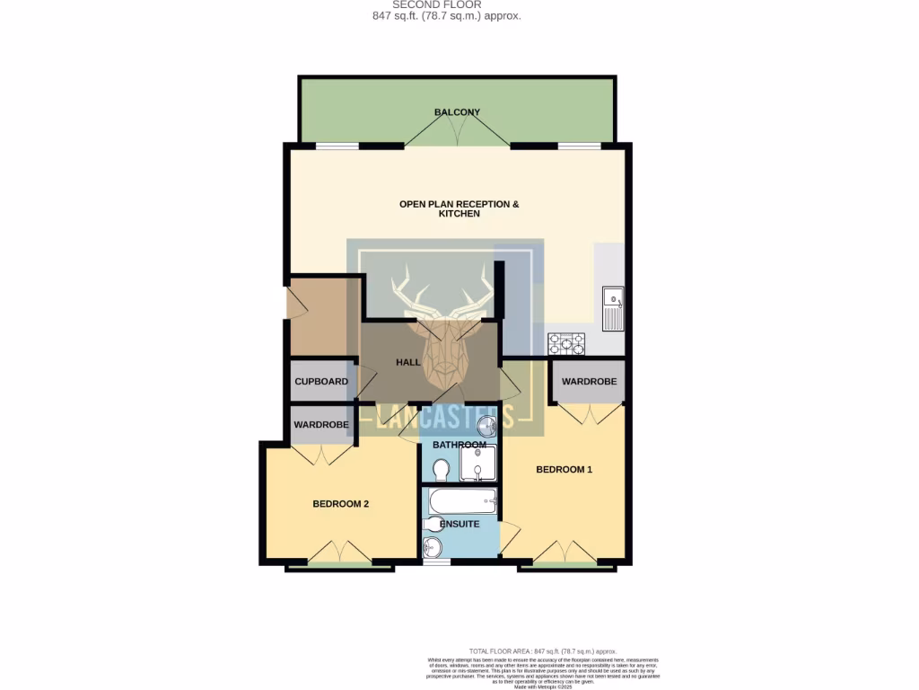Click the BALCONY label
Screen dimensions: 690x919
(457, 112)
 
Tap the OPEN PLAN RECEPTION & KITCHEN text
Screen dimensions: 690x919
(459, 208)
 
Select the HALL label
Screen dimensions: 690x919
(408, 362)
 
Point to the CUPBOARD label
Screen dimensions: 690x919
(321, 382)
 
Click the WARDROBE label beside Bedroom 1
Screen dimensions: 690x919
(589, 382)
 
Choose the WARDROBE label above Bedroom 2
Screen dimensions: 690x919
(321, 425)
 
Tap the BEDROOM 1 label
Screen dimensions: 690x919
(564, 469)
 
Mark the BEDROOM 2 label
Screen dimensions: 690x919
(341, 504)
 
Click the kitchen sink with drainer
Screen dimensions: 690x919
(614, 309)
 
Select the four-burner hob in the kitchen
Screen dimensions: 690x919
(566, 343)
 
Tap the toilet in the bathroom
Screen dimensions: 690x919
(441, 470)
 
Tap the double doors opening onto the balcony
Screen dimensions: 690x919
(457, 133)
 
